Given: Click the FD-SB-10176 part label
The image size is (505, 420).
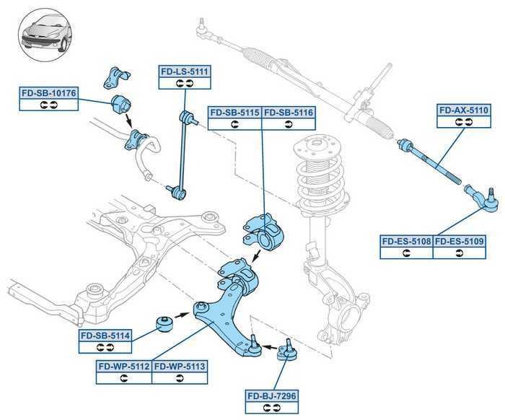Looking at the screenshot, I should tap(49, 92).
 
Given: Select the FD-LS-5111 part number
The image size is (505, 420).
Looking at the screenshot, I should tap(184, 71).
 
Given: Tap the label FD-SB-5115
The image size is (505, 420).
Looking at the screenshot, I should tap(234, 113).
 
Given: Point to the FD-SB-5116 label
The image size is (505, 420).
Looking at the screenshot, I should tap(289, 113).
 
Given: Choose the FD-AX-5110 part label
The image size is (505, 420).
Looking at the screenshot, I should tap(464, 111).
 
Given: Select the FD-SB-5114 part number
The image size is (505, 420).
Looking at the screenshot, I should tap(105, 336).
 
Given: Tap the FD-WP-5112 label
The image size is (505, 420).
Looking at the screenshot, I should tap(124, 367).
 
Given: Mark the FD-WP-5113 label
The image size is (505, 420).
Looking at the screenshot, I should tap(180, 367).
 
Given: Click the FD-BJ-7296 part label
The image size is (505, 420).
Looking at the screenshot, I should tap(272, 395).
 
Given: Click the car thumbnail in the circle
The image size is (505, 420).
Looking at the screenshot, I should tap(44, 32).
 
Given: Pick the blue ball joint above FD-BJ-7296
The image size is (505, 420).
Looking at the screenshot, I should tap(286, 352).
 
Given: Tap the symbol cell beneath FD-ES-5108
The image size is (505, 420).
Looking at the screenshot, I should tap(406, 253).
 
